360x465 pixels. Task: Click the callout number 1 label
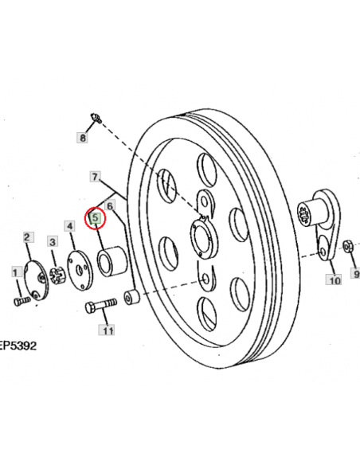[x=16, y=272]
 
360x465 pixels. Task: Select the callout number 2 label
[x=28, y=237]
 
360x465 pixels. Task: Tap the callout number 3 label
[x=53, y=242]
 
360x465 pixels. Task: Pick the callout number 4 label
[x=69, y=226]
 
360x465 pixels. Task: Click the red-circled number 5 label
[x=96, y=218]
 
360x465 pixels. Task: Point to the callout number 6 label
[x=110, y=205]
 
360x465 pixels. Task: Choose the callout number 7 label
[x=95, y=177]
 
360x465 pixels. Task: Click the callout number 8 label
[x=82, y=138]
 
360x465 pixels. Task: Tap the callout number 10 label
[x=334, y=280]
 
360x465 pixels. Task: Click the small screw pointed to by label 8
[x=96, y=117]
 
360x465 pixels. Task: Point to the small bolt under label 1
[x=22, y=301]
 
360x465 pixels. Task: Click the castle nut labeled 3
[x=57, y=275]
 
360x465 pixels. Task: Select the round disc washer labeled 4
[x=80, y=270]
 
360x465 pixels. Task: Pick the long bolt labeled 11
[x=101, y=306]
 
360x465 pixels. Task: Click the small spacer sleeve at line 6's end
[x=131, y=298]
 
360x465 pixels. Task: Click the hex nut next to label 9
[x=348, y=246]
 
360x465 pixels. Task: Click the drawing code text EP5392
[x=18, y=346]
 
